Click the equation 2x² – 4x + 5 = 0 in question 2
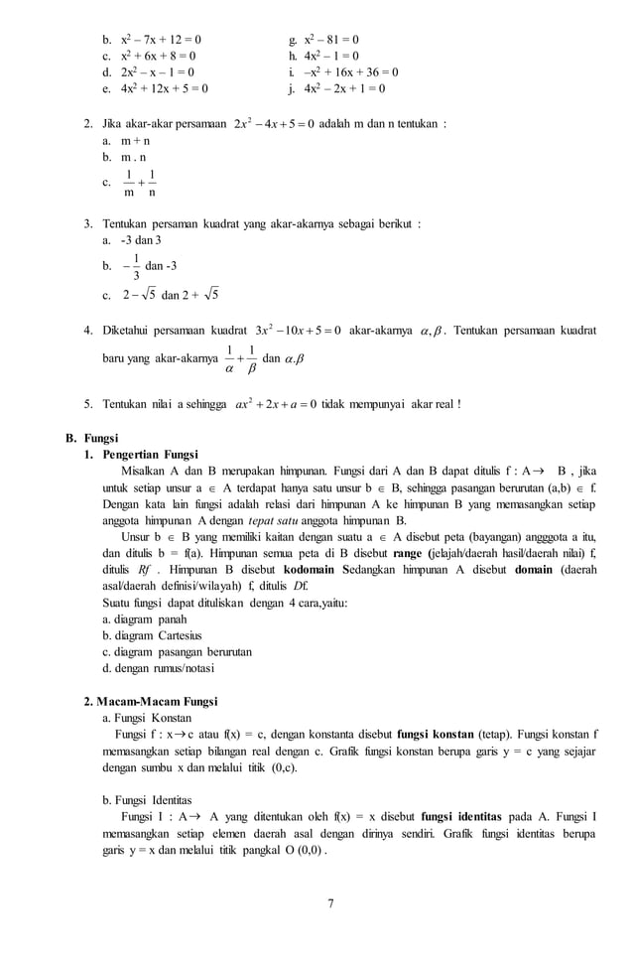pyautogui.click(x=274, y=124)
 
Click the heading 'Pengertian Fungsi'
pyautogui.click(x=150, y=454)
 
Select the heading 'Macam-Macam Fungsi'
pyautogui.click(x=159, y=701)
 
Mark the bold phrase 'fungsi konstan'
pyautogui.click(x=435, y=734)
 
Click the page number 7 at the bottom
pyautogui.click(x=330, y=902)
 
